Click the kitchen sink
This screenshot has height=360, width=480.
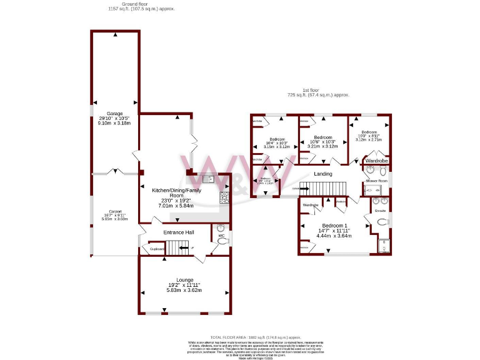point(211,179)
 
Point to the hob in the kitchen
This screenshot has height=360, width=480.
point(224,198)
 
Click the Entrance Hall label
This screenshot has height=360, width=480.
point(178,232)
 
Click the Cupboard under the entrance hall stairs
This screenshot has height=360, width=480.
point(157,249)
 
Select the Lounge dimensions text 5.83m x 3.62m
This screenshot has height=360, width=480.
point(184,291)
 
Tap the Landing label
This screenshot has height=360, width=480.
point(322,174)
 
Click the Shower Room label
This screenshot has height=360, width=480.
point(376,181)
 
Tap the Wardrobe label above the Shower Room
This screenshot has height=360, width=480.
point(377,161)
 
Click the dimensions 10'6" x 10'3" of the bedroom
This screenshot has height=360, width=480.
point(322,142)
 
